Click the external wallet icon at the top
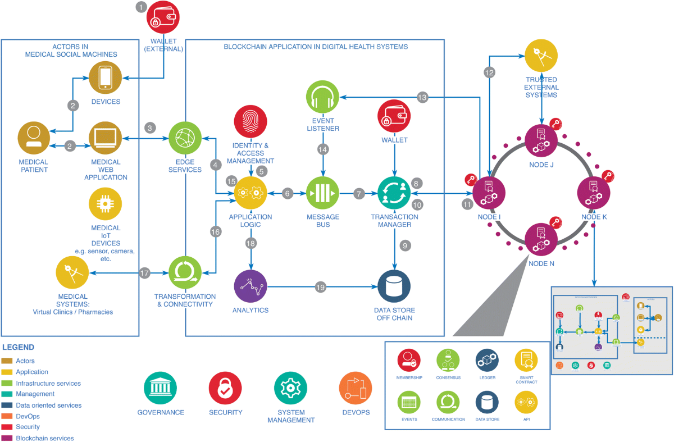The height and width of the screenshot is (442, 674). click(x=163, y=19)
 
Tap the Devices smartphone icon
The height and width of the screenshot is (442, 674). click(x=106, y=78)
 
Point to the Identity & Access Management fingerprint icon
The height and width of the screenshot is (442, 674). click(x=250, y=121)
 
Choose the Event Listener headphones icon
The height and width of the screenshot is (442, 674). click(x=323, y=98)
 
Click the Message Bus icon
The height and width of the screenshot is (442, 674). click(x=323, y=193)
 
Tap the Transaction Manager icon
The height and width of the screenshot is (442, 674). click(x=394, y=193)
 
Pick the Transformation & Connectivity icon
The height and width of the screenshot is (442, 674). click(x=185, y=272)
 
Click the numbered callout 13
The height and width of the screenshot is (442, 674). click(x=422, y=97)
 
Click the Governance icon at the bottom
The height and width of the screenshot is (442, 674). click(x=161, y=388)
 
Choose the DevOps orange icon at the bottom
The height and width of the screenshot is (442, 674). click(x=356, y=388)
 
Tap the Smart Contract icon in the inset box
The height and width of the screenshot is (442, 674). click(x=526, y=360)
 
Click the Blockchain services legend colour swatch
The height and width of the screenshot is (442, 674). click(x=8, y=438)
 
